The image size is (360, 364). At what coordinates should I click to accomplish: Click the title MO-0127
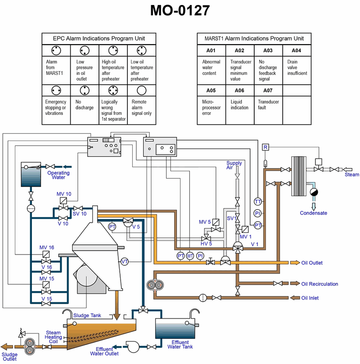click(x=180, y=11)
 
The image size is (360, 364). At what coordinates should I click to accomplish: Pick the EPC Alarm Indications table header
click(x=99, y=38)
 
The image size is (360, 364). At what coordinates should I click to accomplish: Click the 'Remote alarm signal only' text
click(x=142, y=107)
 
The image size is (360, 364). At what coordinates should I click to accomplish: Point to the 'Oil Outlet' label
click(x=312, y=263)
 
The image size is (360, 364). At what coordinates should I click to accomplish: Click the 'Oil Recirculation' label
click(x=319, y=284)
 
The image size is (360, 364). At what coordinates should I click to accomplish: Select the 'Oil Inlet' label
click(x=310, y=298)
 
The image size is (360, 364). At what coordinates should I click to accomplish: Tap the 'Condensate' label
click(x=314, y=213)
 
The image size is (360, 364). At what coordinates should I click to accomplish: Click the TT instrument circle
click(x=258, y=201)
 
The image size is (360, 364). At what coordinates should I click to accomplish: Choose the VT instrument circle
click(x=125, y=261)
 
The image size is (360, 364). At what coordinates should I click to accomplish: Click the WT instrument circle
click(x=190, y=256)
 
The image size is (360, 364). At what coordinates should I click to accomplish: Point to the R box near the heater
click(x=265, y=147)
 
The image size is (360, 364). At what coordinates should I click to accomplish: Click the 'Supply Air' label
click(x=234, y=165)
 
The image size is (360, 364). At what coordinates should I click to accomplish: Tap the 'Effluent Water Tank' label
click(x=180, y=345)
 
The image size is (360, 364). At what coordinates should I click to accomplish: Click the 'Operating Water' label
click(x=58, y=175)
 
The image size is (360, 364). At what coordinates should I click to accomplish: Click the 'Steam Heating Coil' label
click(x=53, y=337)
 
